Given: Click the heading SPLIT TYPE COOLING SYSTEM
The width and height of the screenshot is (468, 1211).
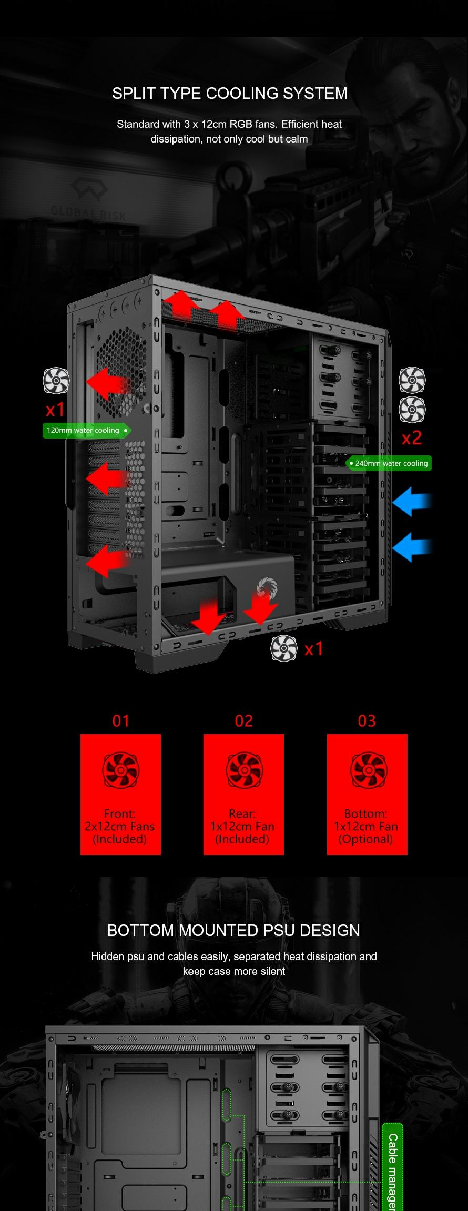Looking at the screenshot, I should (229, 94).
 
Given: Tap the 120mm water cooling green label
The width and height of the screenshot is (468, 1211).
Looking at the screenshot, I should (86, 431).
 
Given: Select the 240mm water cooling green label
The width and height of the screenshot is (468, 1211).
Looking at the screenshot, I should (389, 463).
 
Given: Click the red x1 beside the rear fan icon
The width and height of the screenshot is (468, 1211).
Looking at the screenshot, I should (55, 409).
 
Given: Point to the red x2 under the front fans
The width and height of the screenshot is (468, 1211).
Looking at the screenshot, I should (411, 437).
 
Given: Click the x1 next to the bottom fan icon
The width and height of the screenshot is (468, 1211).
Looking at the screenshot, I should (313, 649).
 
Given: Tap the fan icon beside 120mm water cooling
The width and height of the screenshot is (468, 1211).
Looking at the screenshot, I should (56, 380).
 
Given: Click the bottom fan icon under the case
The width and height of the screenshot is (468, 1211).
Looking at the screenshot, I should (284, 648).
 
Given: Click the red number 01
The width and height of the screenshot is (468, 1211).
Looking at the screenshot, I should (120, 721).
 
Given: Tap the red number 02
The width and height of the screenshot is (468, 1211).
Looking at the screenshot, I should (243, 721).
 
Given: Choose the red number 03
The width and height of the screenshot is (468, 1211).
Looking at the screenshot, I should (367, 721).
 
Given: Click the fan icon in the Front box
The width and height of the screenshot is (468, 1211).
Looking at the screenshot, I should (120, 770).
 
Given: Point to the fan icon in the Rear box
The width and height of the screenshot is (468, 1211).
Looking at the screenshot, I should (244, 770).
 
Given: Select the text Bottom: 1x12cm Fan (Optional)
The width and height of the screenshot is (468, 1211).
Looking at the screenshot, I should (366, 826).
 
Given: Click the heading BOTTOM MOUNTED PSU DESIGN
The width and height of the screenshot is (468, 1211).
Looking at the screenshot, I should (233, 930).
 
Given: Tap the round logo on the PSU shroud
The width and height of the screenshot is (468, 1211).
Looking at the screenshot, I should (267, 587).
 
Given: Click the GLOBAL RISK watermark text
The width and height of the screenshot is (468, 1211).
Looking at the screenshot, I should (88, 212).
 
